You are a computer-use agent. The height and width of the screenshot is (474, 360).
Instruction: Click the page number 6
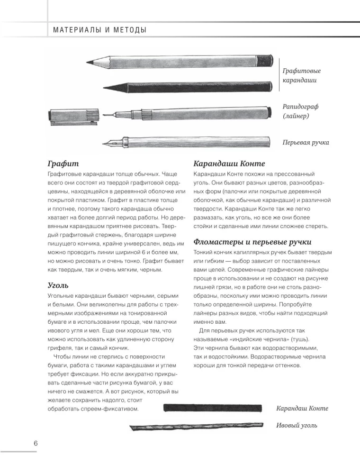[x=36, y=443]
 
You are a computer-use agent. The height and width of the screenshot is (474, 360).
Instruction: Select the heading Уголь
[x=58, y=285]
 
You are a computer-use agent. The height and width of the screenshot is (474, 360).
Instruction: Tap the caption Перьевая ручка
[x=306, y=142]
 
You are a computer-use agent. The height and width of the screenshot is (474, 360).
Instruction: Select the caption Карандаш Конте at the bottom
[x=302, y=408]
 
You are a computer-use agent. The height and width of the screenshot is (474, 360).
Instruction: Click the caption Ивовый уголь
[x=297, y=425]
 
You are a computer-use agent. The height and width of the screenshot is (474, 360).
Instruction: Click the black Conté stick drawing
[x=213, y=408]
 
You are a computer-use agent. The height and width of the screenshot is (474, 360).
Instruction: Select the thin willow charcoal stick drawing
[x=194, y=428]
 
